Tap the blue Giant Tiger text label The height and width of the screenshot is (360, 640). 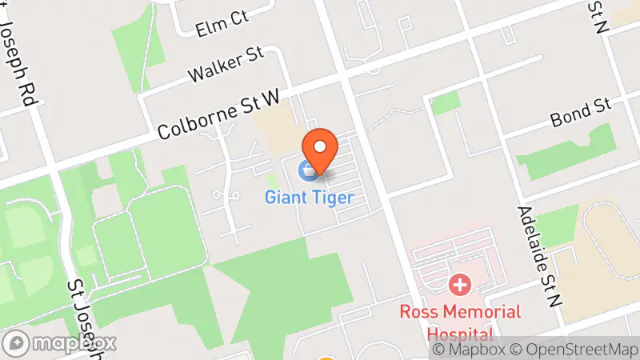click(309, 197)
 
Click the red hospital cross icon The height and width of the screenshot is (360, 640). click(459, 284)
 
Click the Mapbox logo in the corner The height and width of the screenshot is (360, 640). click(61, 343)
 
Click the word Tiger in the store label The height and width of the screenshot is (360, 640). click(330, 197)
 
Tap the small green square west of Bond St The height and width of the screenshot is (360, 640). click(446, 102)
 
